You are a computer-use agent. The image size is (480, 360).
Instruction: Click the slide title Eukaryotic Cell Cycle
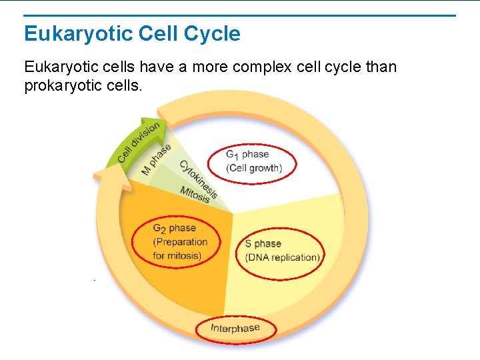(x=132, y=33)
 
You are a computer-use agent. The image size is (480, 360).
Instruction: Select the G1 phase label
(x=247, y=155)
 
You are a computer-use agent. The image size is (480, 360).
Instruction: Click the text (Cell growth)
(x=254, y=168)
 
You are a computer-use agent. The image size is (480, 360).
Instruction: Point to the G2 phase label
(x=174, y=228)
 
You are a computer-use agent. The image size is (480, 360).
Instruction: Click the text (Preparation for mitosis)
(x=180, y=249)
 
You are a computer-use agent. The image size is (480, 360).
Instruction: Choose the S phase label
(x=263, y=243)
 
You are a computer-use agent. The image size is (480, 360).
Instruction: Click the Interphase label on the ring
(x=235, y=328)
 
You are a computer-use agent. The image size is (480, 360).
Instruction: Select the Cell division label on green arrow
(x=139, y=142)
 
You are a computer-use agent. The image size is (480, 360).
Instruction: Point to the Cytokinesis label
(x=197, y=178)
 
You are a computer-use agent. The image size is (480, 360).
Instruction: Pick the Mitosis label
(x=195, y=194)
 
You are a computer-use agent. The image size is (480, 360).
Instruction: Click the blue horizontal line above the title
(x=240, y=15)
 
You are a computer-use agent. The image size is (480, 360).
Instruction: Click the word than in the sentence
(x=381, y=67)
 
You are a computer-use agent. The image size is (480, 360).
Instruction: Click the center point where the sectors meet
(x=233, y=214)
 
